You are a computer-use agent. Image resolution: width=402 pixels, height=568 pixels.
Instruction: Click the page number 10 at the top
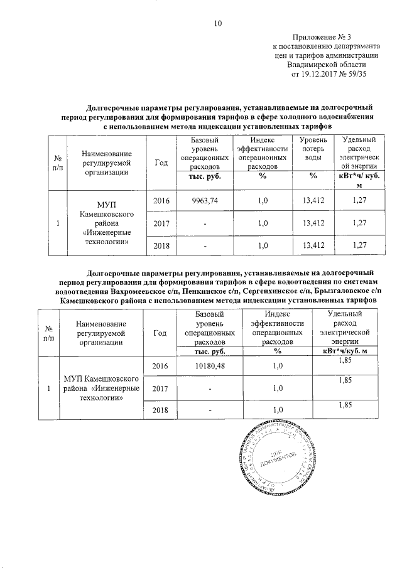click(218, 24)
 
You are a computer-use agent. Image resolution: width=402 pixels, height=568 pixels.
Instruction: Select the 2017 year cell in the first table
click(162, 222)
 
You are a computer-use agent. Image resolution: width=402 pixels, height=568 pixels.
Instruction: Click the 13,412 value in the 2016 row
click(313, 200)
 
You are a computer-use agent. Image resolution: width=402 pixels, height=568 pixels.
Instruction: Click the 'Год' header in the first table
click(162, 163)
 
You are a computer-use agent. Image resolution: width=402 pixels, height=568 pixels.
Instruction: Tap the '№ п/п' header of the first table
click(58, 163)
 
